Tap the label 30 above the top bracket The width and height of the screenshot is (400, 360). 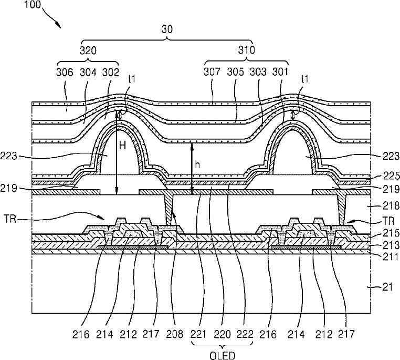pos(167,30)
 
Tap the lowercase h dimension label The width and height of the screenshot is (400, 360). pos(197,164)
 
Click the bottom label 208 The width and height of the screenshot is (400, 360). pos(179,333)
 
